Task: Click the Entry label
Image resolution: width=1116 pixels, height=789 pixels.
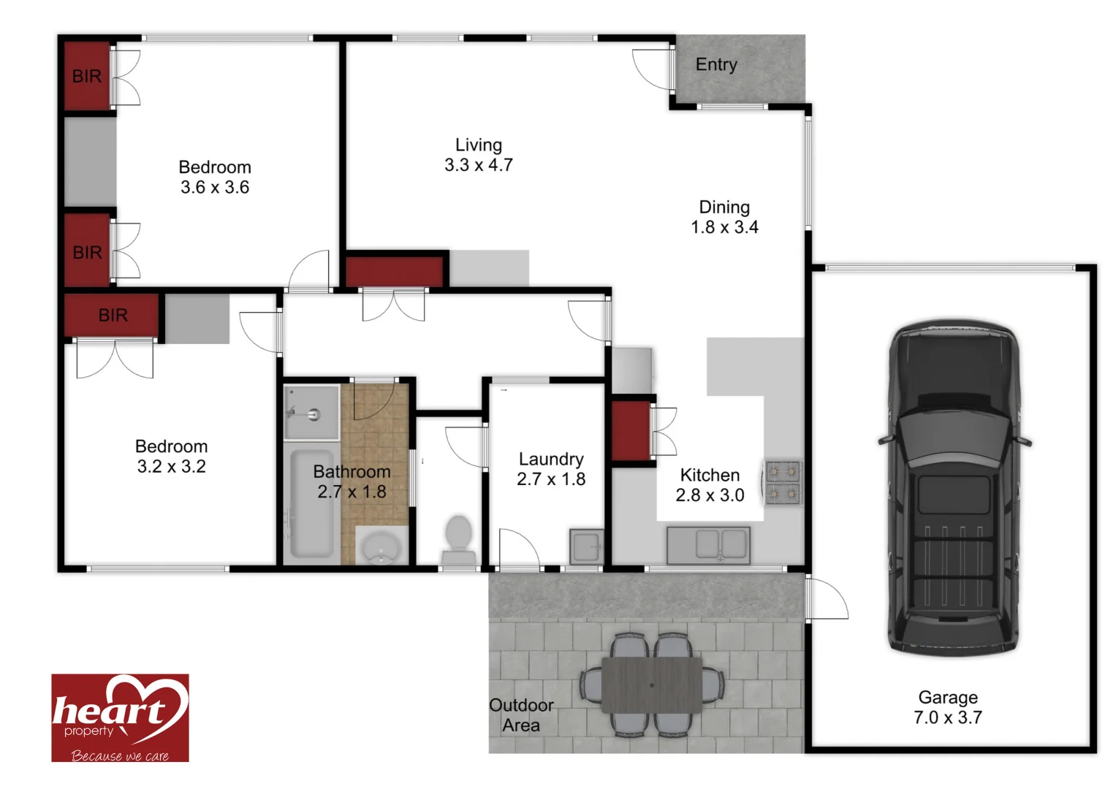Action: coord(716,65)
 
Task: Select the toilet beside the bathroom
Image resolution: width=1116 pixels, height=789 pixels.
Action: coord(458,539)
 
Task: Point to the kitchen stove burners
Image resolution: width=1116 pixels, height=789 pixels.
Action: coord(783,483)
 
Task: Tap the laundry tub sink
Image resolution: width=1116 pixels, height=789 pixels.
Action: coord(586,546)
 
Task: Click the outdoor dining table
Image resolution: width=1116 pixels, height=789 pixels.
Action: coord(652,685)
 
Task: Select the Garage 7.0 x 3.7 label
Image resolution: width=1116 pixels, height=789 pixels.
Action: coord(948,708)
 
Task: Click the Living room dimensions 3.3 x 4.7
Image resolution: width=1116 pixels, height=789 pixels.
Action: coord(479,165)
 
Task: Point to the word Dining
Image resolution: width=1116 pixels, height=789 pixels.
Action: coord(724,207)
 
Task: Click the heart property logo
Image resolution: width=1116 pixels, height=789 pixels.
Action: coord(120,717)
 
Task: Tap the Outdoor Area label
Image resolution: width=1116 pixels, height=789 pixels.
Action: coord(521,715)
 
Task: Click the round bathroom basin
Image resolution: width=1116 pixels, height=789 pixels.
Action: coord(382,546)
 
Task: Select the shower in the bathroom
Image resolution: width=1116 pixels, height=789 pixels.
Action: coord(311,413)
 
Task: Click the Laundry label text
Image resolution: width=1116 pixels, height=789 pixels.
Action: coord(551,460)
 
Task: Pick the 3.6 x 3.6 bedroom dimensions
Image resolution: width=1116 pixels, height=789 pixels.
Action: coord(215,188)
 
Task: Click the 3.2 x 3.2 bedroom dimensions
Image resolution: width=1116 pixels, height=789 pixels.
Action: coord(172,467)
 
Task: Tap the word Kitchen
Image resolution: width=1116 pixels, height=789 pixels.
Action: coord(710,476)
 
